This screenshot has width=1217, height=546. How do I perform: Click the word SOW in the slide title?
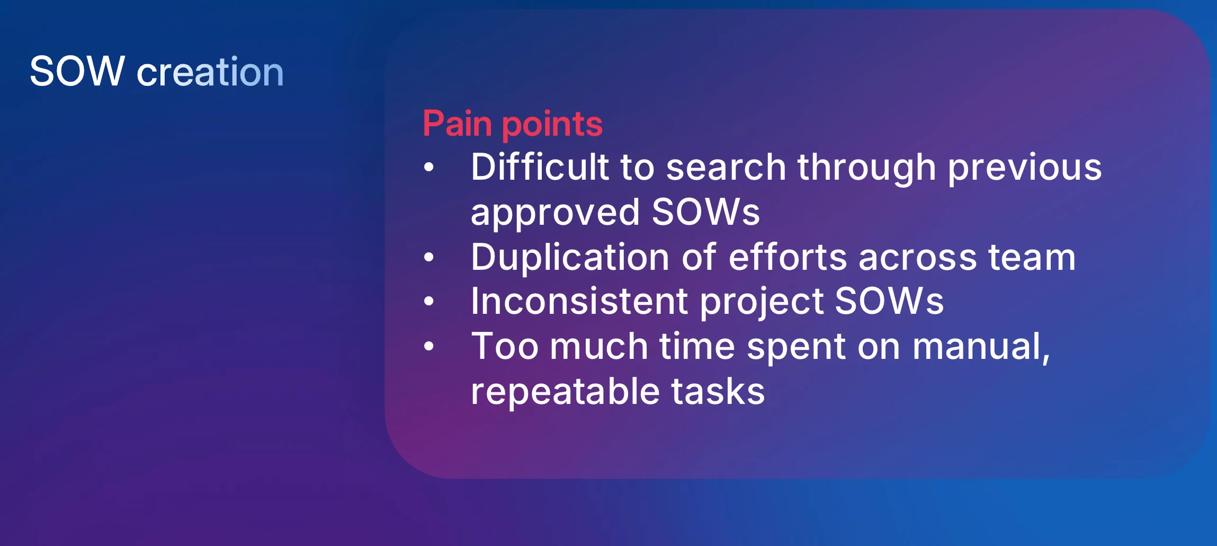77,71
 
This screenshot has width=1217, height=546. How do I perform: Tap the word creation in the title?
210,72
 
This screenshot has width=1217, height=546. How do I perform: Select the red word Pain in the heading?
458,124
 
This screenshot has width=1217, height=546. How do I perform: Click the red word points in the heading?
552,125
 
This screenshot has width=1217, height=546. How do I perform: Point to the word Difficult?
540,166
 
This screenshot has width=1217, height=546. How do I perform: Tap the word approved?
556,213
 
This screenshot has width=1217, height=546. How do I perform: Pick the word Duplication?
570,258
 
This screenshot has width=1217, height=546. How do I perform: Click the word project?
762,302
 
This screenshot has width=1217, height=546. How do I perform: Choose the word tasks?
718,391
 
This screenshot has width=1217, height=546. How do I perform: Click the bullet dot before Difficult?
429,168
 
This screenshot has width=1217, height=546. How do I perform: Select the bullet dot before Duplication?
429,258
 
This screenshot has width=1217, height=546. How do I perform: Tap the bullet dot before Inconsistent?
429,302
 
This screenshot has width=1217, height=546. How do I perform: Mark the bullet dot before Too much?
429,347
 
